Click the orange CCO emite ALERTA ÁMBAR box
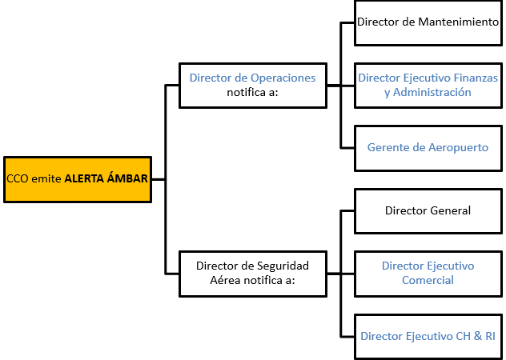[77, 179]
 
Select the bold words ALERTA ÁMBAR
[106, 179]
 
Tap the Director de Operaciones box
[252, 85]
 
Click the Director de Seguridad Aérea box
[252, 273]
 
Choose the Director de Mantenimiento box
[428, 22]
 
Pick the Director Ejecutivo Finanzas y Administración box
[428, 85]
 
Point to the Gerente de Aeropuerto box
[428, 148]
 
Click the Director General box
[428, 210]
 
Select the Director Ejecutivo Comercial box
[428, 273]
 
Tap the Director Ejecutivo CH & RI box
[428, 336]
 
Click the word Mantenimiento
[459, 22]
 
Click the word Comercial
[428, 280]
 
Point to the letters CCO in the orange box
[17, 179]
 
